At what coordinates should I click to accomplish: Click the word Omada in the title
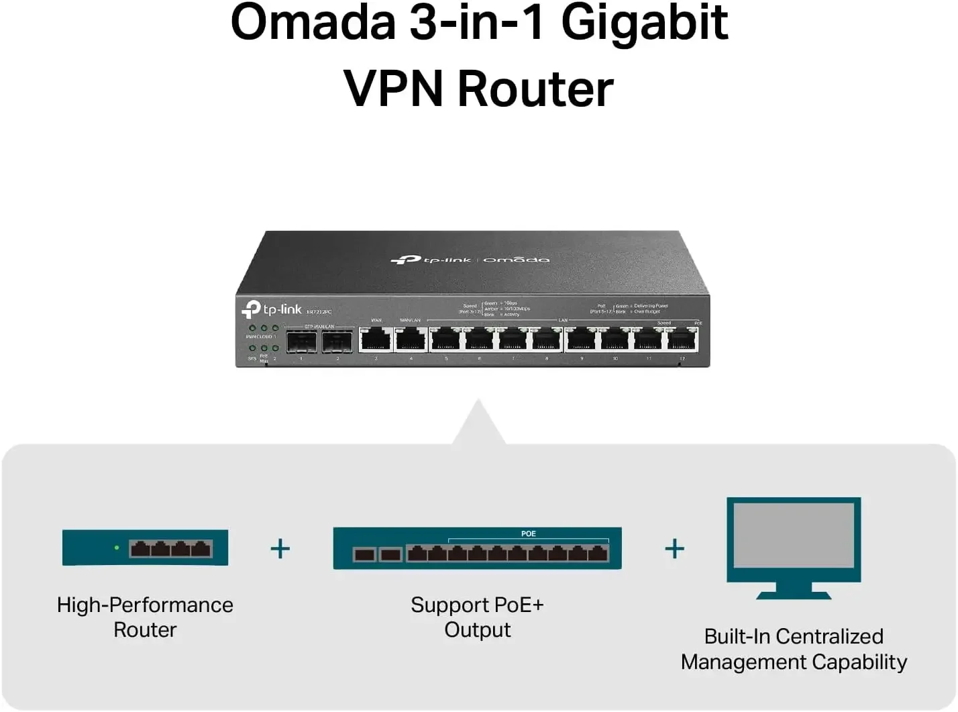313,23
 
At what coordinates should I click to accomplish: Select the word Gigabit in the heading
644,23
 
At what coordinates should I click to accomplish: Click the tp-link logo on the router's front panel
272,309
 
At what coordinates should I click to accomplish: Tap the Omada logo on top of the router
516,259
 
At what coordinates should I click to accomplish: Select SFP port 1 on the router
301,342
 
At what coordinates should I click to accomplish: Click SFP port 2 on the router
337,342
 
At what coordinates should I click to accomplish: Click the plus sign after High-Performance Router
280,549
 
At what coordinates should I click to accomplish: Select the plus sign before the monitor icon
674,549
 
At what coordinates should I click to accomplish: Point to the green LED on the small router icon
117,548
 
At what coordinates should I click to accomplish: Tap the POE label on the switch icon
529,533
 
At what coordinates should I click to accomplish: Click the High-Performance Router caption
145,617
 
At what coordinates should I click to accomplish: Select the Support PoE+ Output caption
477,617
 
